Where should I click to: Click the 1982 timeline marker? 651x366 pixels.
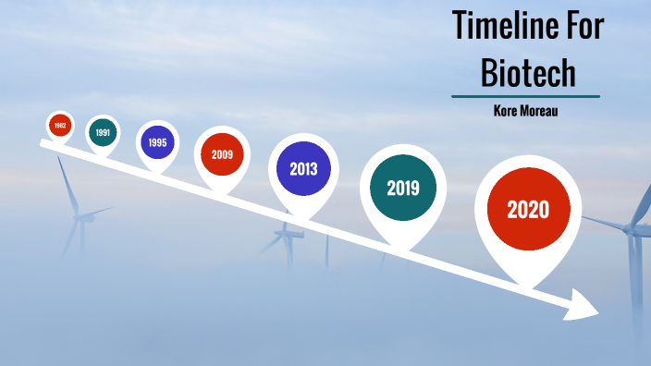pyautogui.click(x=60, y=125)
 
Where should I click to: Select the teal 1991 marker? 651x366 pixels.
pyautogui.click(x=103, y=132)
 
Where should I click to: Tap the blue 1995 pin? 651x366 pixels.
pyautogui.click(x=157, y=142)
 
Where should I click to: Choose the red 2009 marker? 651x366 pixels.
pyautogui.click(x=222, y=154)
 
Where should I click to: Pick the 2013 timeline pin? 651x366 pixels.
pyautogui.click(x=303, y=169)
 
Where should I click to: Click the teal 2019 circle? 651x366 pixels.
pyautogui.click(x=403, y=189)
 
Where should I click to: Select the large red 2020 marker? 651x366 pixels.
pyautogui.click(x=528, y=210)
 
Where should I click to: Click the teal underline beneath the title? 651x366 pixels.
pyautogui.click(x=525, y=96)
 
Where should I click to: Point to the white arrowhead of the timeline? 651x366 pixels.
pyautogui.click(x=583, y=305)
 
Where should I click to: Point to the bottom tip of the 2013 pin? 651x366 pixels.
pyautogui.click(x=303, y=220)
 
